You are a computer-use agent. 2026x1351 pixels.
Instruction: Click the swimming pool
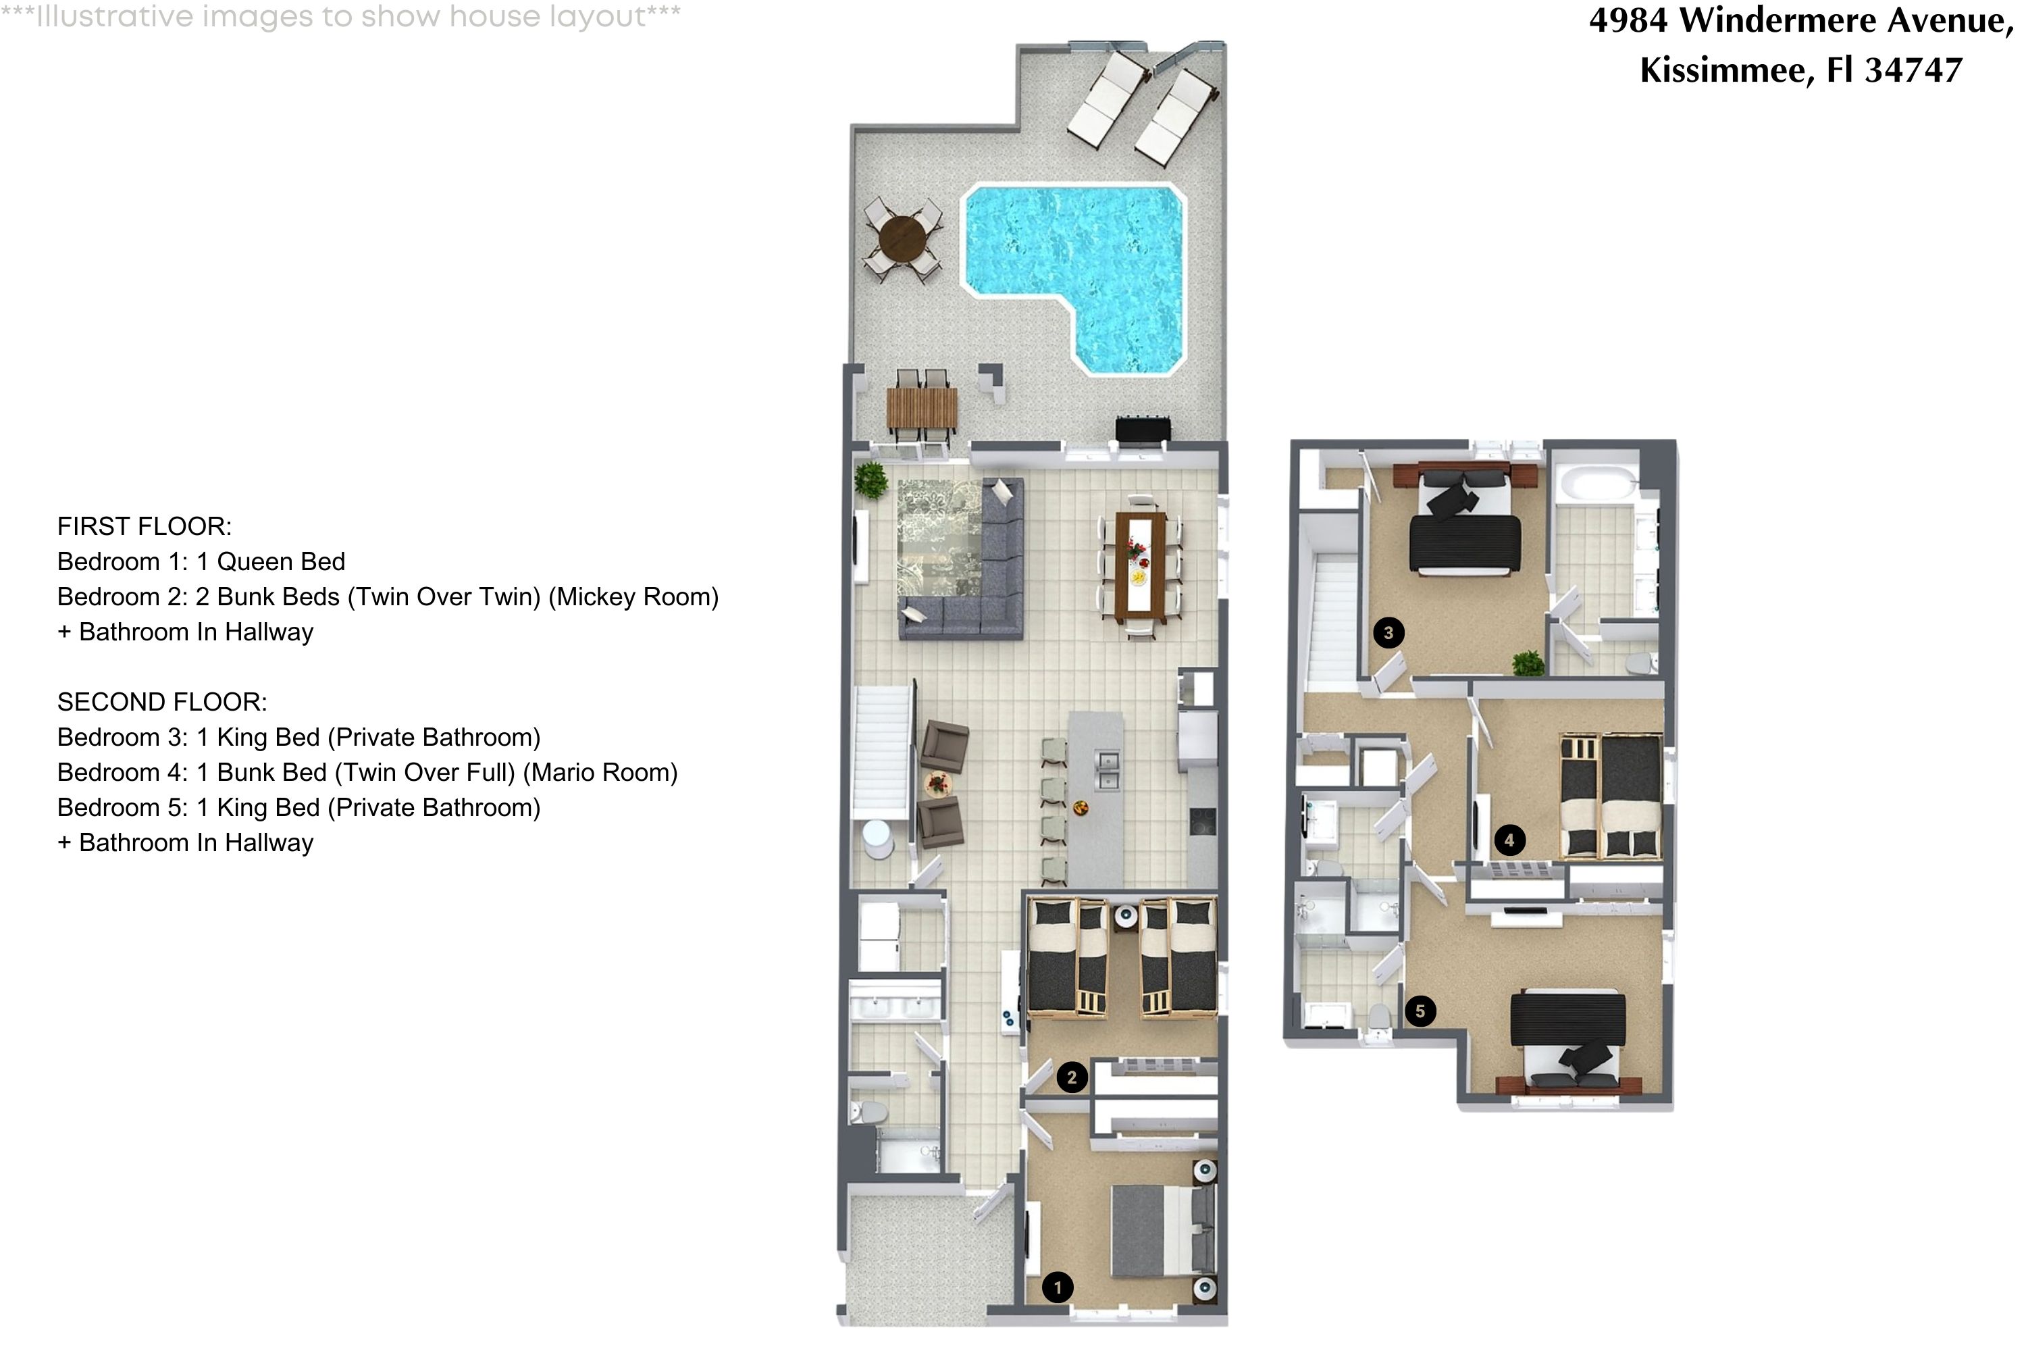click(x=1072, y=259)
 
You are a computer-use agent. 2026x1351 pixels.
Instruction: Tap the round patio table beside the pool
click(x=902, y=238)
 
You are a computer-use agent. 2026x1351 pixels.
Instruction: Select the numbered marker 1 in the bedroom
click(x=1058, y=1288)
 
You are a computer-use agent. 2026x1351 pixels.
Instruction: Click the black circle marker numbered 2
click(x=1072, y=1077)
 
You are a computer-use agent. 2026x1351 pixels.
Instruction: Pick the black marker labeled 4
click(x=1508, y=840)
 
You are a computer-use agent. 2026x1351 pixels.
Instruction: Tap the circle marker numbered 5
click(x=1420, y=1011)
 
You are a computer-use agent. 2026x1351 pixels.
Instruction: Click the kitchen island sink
click(x=1107, y=769)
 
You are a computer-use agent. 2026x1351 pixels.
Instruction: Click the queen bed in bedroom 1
click(x=1159, y=1230)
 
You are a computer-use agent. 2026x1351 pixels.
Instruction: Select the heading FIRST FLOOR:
click(x=145, y=526)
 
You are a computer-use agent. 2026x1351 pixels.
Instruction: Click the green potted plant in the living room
click(x=871, y=480)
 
